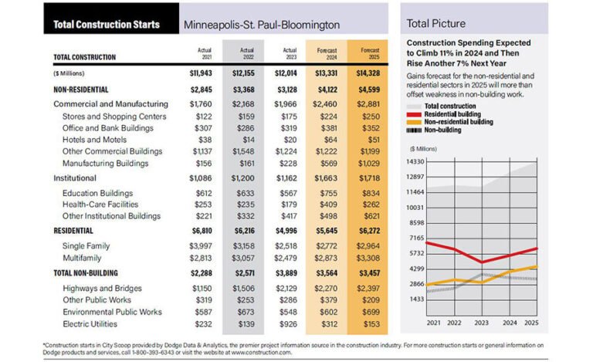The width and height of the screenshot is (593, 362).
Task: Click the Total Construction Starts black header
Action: pos(107,24)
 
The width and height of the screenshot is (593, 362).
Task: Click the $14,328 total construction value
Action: pos(368,73)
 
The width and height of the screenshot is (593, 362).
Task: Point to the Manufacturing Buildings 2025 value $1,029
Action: pos(368,163)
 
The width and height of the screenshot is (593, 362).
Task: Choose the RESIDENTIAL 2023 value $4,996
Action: pos(284,230)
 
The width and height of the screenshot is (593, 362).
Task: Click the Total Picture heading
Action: pos(435,23)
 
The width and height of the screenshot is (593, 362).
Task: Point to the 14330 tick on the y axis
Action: pos(417,161)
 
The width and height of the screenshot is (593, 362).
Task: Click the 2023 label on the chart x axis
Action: pos(481,321)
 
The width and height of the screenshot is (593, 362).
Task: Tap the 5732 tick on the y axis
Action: pos(417,253)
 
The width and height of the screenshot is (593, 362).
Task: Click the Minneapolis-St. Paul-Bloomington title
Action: pos(262,24)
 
